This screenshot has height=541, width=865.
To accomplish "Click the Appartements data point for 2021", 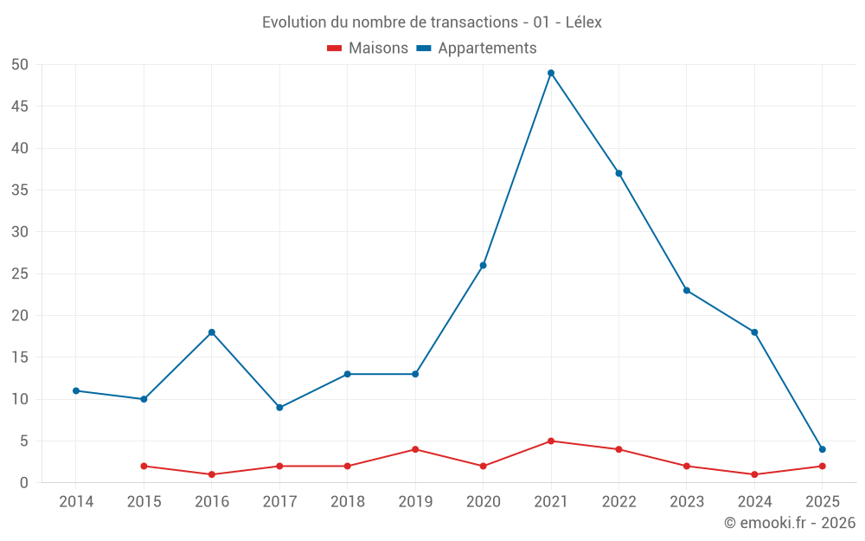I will [551, 73].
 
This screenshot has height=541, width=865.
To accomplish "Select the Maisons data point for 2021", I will [551, 441].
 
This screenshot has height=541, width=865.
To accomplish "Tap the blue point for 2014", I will [76, 390].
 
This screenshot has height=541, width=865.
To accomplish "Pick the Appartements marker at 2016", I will [212, 332].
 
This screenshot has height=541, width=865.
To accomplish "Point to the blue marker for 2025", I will [822, 449].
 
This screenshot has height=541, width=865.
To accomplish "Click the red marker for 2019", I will [415, 449].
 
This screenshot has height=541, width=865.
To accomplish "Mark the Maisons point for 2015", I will [144, 466].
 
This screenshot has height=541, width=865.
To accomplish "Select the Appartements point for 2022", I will [618, 173].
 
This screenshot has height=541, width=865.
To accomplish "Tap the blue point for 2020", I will [483, 265].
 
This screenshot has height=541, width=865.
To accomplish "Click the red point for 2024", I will [754, 474].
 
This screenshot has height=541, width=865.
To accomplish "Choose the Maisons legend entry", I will [368, 48].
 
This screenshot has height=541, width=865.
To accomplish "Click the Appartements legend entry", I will [477, 48].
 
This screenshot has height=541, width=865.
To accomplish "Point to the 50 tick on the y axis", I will [20, 64].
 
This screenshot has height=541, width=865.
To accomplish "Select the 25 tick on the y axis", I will [20, 274].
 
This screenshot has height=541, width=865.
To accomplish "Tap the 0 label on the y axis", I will [24, 482].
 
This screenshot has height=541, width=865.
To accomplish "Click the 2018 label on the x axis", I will [347, 501].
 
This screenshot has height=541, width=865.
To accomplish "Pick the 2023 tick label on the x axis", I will [686, 501].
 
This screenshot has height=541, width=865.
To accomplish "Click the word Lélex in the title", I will [583, 23].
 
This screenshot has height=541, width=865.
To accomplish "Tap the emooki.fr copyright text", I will [789, 523].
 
